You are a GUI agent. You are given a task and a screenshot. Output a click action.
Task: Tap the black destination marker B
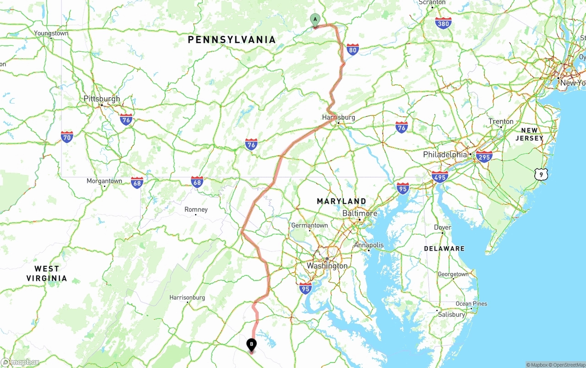coord(251,345)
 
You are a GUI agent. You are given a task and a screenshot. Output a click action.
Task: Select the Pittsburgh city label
coord(102,99)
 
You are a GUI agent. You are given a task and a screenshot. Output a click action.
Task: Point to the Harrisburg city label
coord(338,117)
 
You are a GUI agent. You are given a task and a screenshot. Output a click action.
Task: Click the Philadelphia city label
coord(445,154)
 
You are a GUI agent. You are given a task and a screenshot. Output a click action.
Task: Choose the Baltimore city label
coord(360,214)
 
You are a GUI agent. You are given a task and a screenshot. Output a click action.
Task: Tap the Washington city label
coord(327,266)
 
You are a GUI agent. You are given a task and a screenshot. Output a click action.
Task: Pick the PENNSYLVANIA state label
coord(232,40)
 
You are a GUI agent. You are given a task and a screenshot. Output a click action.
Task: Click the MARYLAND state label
coord(342,201)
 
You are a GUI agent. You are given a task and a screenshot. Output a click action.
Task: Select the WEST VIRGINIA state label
coord(47,273)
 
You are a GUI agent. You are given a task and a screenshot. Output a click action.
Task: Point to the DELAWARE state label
coord(444,248)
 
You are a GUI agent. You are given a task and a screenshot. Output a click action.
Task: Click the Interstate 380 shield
coord(443,23)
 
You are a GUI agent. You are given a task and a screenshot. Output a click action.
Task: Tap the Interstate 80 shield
coord(352,49)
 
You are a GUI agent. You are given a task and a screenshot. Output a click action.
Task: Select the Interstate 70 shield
coord(67,137)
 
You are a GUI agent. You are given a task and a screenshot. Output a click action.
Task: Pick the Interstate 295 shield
coord(484,157)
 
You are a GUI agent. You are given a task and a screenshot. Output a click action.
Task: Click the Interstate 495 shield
coord(439,177)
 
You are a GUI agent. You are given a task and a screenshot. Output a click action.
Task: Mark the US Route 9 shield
coord(541,174)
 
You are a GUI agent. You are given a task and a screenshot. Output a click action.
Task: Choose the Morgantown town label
coord(104,181)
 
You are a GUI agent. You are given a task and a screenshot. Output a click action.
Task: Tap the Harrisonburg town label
coord(187,297)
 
